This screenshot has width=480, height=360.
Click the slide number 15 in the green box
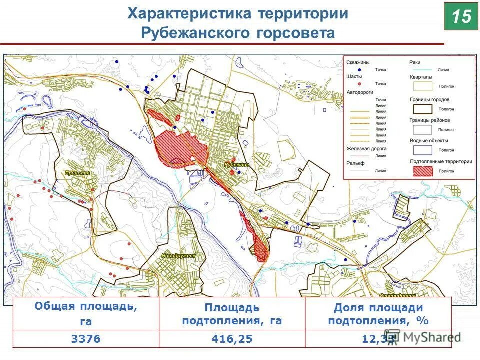tap(461, 16)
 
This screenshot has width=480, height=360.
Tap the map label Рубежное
tap(237, 164)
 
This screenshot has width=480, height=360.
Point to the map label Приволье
tap(77, 173)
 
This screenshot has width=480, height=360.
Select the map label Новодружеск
tap(178, 255)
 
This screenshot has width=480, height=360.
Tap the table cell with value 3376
tap(86, 339)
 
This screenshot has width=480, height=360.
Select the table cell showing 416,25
tap(232, 339)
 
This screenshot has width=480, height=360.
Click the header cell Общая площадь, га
tap(86, 313)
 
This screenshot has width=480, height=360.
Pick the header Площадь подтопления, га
tap(232, 314)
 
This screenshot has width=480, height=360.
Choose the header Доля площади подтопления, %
tap(378, 314)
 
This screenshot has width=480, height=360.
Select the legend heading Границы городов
tap(429, 99)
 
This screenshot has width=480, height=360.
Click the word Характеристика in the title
tap(189, 13)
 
